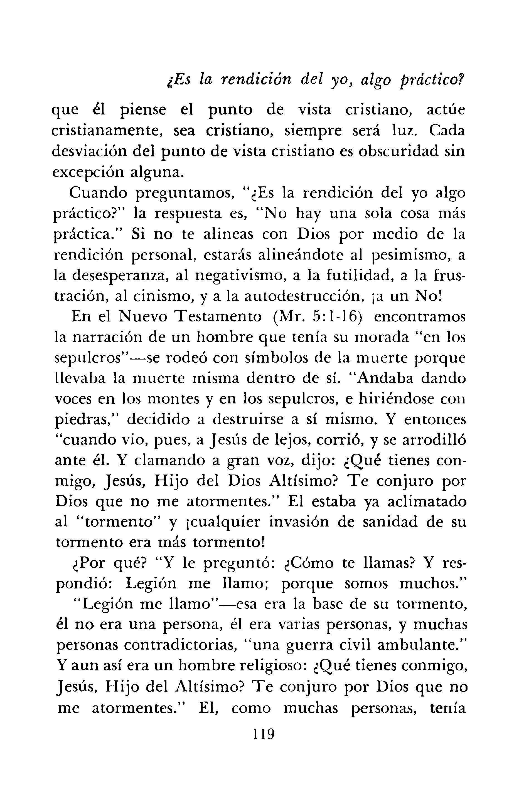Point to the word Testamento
pyautogui.click(x=219, y=318)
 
